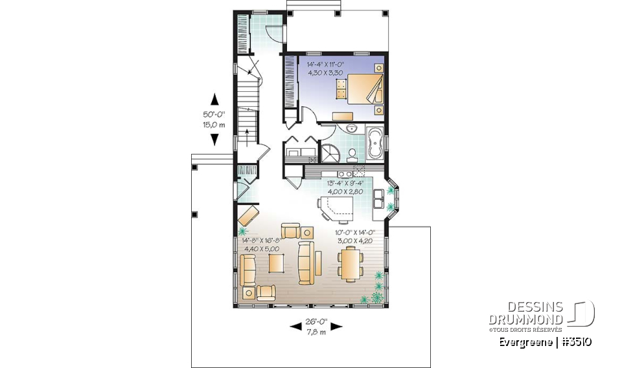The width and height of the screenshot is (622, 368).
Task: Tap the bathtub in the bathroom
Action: click(x=375, y=143)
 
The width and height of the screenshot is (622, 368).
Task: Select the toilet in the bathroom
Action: click(x=352, y=155)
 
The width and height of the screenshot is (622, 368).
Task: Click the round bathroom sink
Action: click(x=351, y=128)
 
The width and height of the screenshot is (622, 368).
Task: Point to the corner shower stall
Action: click(x=330, y=153)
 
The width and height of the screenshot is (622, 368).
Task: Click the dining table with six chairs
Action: click(x=351, y=263)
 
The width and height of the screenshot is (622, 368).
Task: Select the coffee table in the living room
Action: click(x=276, y=263)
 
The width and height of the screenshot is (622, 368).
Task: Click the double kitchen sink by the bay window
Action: click(x=378, y=199)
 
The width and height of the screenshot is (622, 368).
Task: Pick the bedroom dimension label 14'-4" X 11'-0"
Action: click(x=325, y=64)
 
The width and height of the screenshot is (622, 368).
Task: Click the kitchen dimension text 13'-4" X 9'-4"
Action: click(x=345, y=183)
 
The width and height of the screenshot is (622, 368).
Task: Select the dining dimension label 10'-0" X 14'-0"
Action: click(x=355, y=233)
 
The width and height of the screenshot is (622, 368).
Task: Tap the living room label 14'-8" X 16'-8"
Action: click(x=262, y=241)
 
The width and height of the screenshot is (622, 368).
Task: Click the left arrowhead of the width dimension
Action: click(x=295, y=327)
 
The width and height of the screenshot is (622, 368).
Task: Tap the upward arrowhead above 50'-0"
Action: click(x=214, y=99)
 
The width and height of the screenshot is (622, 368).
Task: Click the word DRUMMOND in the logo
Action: click(x=525, y=319)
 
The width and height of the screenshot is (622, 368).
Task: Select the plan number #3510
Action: click(x=576, y=342)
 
